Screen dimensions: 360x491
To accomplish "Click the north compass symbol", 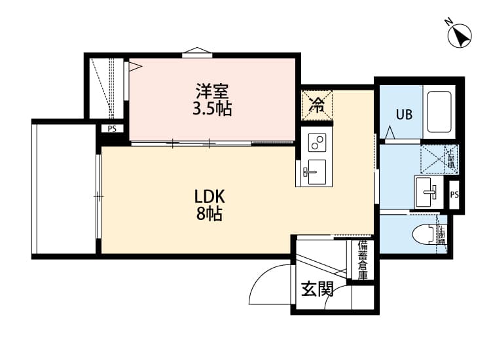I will click(x=461, y=34).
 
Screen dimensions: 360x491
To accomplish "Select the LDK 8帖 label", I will click(x=209, y=204).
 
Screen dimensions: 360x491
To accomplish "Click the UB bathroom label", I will click(x=403, y=114).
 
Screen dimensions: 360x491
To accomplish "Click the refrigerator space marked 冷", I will click(x=317, y=105).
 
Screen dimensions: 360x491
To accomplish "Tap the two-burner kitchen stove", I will click(x=317, y=142).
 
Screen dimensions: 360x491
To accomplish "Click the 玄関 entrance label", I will click(x=317, y=289).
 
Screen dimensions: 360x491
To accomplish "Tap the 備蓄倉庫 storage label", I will click(x=362, y=260).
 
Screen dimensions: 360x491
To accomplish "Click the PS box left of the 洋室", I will click(x=112, y=128).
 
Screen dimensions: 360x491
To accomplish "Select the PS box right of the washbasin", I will click(x=454, y=194).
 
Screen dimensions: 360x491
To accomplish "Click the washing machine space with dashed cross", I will click(x=429, y=158).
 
